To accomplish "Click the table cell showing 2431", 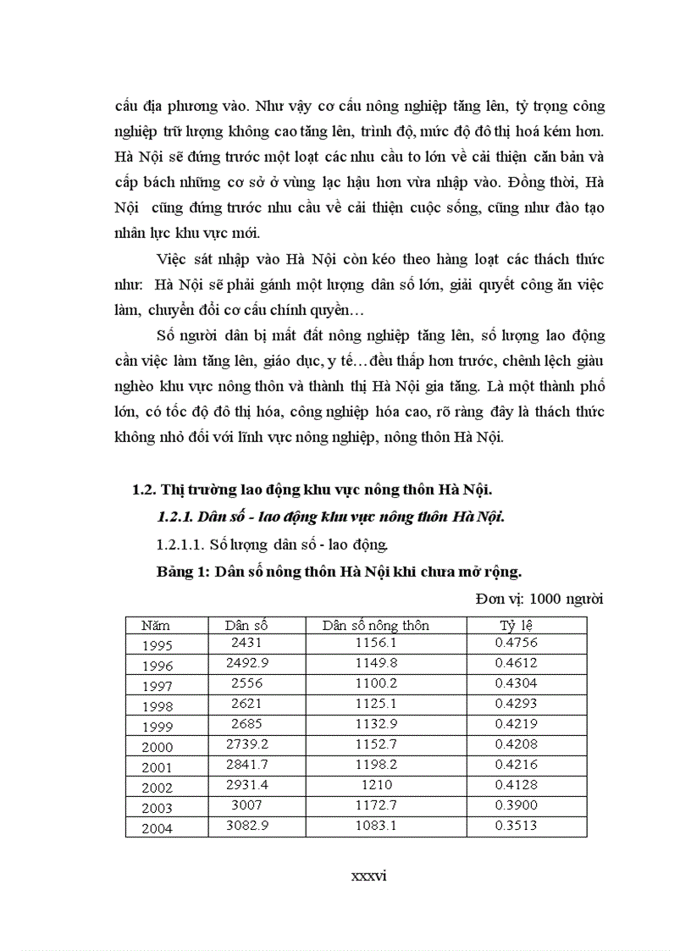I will point(246,643).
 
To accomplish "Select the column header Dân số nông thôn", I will point(376,626).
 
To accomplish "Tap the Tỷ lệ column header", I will point(516,626).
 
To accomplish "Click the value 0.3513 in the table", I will point(516,825).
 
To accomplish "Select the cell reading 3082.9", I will point(246,825).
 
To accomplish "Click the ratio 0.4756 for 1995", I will point(516,643).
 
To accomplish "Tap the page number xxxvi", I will point(368,876).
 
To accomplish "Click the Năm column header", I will point(156,626).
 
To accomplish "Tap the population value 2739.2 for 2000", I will point(246,744).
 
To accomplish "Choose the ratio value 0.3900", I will point(516,804).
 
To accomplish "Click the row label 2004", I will point(158,828).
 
